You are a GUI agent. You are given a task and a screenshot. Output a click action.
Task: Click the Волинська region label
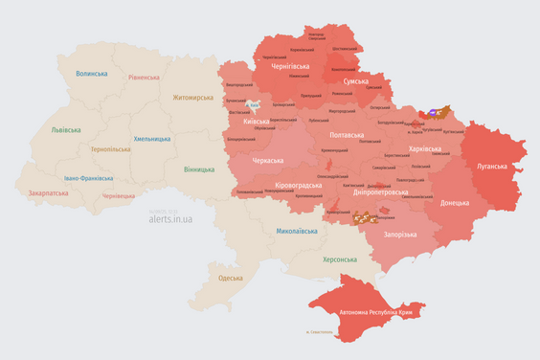pos(92,74)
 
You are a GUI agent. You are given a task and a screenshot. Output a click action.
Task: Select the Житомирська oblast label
pos(194,97)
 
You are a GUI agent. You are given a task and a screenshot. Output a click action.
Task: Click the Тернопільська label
pos(112,149)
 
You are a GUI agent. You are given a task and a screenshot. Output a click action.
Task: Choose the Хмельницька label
pos(153,139)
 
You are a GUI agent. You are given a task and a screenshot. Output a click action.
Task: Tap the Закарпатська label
pos(48,192)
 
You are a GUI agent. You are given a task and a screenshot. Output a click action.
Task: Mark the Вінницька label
pos(199,169)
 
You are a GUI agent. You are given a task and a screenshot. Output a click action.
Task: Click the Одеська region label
pos(230,278)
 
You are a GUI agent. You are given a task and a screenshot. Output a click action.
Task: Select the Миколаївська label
pos(297,231)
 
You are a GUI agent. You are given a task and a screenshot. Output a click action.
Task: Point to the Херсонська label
pos(339,259)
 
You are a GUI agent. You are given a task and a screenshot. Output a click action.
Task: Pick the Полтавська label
pos(347,136)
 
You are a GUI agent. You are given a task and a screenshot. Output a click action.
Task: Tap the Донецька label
pos(455,203)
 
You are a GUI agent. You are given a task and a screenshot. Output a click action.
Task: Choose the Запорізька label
pos(398,235)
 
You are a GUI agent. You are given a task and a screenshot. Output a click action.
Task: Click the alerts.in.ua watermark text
pos(170,219)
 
